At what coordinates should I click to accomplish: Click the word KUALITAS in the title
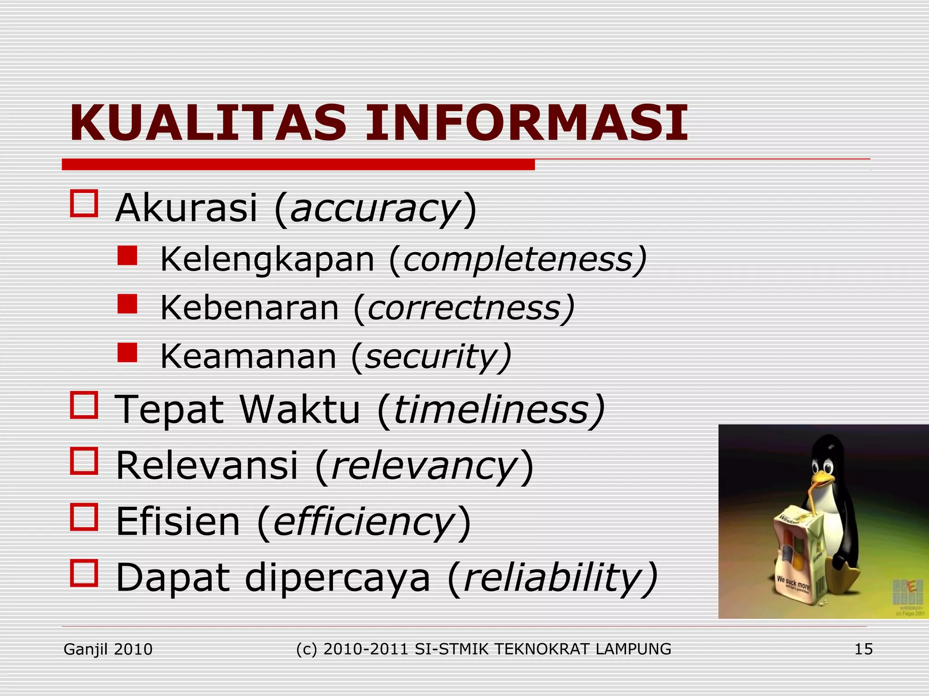click(x=208, y=123)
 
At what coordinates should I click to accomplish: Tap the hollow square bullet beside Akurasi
click(x=84, y=203)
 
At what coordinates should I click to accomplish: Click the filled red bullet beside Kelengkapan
click(x=127, y=256)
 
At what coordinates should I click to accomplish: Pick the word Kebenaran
click(x=249, y=308)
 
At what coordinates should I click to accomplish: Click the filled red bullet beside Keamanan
click(x=127, y=352)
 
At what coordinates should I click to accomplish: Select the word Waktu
click(x=299, y=410)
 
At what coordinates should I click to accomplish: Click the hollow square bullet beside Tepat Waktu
click(x=84, y=405)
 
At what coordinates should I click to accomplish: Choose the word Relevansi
click(x=207, y=466)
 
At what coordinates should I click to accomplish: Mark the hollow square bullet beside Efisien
click(x=84, y=517)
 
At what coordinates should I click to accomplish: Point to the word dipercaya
click(x=337, y=578)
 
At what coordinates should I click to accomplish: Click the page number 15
click(x=863, y=649)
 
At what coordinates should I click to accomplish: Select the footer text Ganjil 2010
click(x=108, y=649)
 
